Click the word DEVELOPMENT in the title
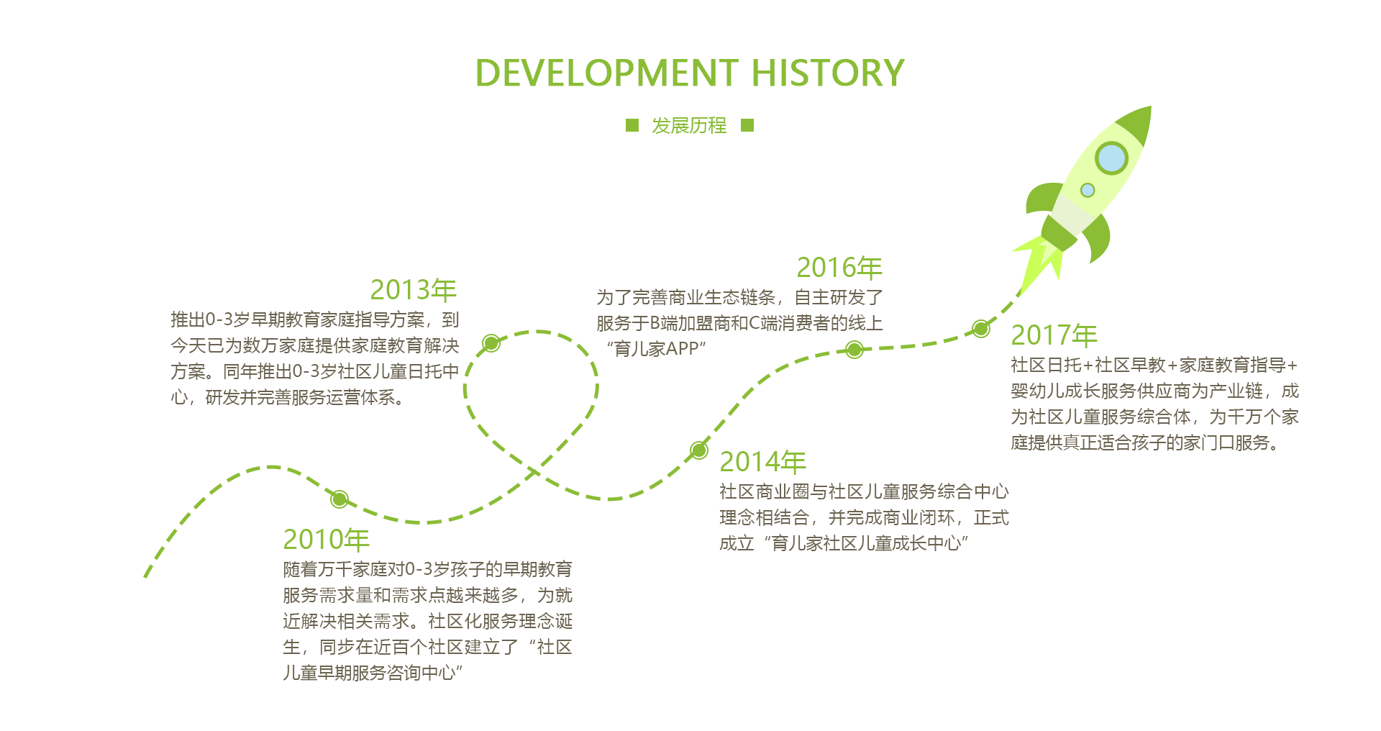(607, 73)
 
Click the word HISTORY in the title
(828, 73)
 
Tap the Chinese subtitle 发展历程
(689, 126)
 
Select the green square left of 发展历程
(632, 125)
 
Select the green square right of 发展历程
(747, 125)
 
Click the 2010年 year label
(326, 540)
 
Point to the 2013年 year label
(414, 290)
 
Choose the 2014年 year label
(762, 462)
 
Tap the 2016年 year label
(839, 268)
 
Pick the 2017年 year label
(1054, 335)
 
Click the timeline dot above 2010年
(339, 499)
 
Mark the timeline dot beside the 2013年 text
(491, 342)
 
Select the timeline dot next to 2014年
(698, 450)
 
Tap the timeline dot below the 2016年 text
(854, 350)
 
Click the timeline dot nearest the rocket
(980, 329)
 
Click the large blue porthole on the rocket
(1111, 158)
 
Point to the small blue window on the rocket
(1088, 190)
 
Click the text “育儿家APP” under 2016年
(656, 349)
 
